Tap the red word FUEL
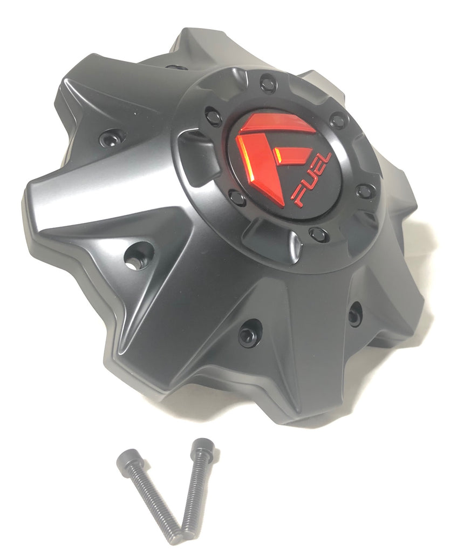(x=311, y=180)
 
